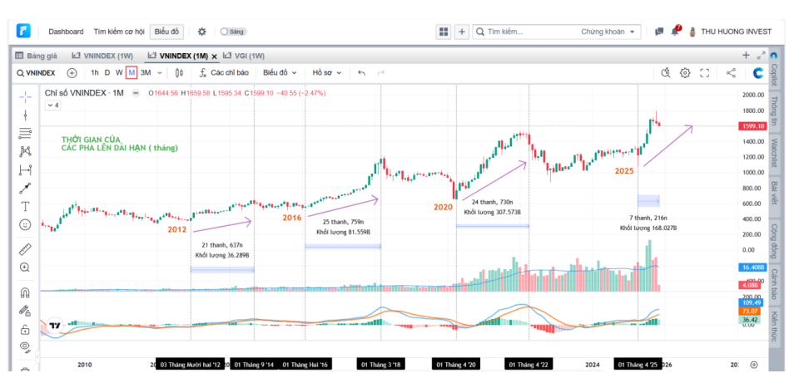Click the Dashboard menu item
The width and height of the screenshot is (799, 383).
66,32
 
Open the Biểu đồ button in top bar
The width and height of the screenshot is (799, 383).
166,32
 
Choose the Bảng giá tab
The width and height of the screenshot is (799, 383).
41,56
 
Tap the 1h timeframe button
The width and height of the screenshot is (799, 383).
94,72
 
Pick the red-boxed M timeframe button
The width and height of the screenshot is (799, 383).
132,72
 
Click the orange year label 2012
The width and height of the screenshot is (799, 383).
176,229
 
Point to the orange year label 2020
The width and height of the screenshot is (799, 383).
443,207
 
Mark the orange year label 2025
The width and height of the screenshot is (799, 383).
624,170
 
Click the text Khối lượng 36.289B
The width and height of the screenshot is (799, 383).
222,255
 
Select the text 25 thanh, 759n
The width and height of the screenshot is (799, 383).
344,222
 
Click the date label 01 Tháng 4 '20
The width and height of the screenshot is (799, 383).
454,365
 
